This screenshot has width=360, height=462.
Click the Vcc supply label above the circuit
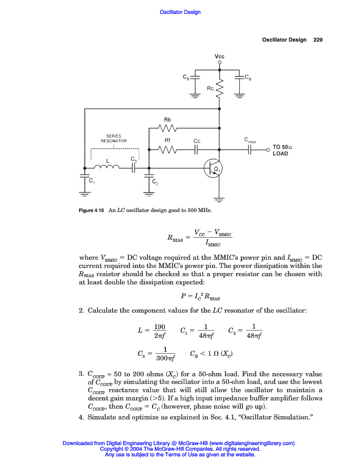click(x=220, y=56)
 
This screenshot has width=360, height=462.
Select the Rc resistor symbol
click(x=220, y=88)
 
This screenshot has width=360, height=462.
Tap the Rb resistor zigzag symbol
click(x=167, y=128)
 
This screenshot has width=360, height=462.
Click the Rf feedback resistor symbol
click(x=167, y=150)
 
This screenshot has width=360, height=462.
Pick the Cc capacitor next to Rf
click(x=197, y=150)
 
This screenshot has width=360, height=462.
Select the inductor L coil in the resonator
click(x=107, y=167)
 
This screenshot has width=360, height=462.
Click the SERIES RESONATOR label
click(x=113, y=138)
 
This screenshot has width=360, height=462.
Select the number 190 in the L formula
click(x=160, y=327)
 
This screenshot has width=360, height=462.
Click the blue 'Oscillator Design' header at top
click(x=180, y=12)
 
